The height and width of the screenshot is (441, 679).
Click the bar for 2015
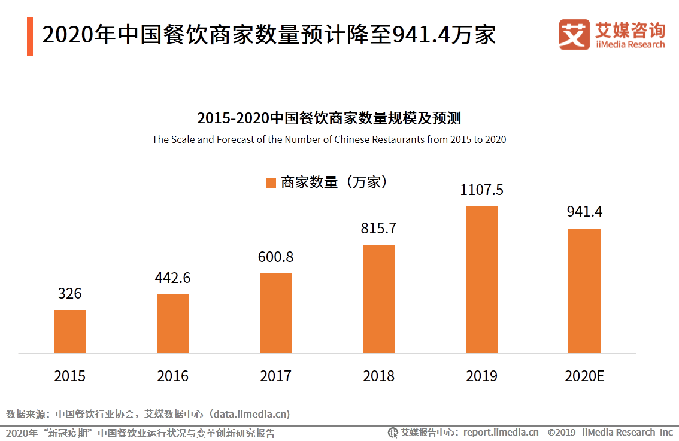(69, 331)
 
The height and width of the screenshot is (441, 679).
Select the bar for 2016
(172, 324)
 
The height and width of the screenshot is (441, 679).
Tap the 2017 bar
(275, 313)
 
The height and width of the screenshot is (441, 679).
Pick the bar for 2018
(378, 299)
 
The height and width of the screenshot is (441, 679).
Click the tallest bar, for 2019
(481, 279)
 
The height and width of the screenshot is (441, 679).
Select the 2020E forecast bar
(584, 291)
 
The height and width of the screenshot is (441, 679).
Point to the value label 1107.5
(481, 190)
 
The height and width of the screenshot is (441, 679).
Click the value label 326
(69, 294)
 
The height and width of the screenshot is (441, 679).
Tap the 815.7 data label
(378, 229)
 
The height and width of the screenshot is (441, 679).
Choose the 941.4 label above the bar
(584, 212)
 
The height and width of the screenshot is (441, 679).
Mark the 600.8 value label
(275, 257)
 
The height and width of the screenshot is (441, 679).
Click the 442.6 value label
(172, 278)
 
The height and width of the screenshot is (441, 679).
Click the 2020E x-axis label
(584, 376)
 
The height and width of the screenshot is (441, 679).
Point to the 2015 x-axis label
(69, 376)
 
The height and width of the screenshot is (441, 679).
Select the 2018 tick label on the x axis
(378, 376)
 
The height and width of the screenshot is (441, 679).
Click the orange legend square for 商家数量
(271, 183)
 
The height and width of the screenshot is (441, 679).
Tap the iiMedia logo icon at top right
(574, 35)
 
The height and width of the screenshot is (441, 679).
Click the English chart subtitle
(329, 139)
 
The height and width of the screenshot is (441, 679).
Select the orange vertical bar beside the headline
(30, 36)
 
